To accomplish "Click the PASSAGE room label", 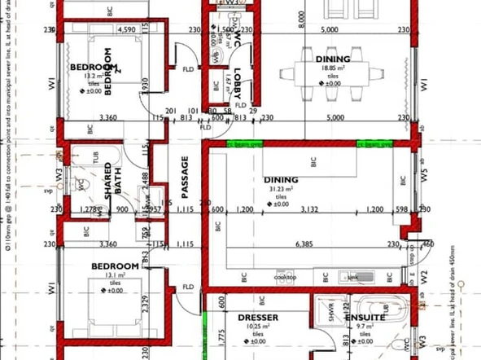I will tap(185, 177).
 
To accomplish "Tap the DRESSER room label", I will tap(258, 317).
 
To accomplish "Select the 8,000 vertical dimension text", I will tap(302, 24).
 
